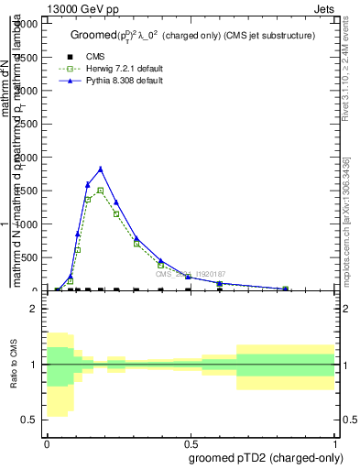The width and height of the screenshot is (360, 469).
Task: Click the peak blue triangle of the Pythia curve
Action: click(x=100, y=169)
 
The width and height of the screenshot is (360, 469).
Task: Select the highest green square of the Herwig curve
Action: click(x=100, y=191)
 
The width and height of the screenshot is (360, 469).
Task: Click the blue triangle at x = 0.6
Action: click(x=220, y=283)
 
